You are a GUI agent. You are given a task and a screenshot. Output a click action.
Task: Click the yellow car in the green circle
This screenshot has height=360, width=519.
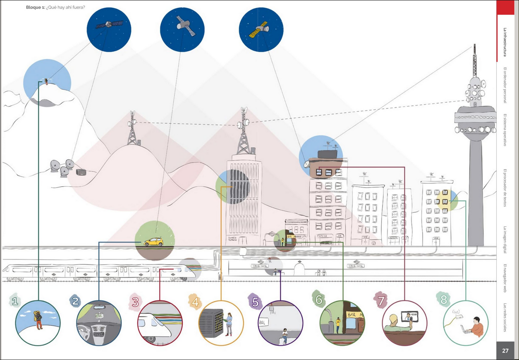pyautogui.click(x=153, y=242)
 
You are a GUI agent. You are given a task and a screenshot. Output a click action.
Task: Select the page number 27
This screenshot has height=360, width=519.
pyautogui.click(x=505, y=351)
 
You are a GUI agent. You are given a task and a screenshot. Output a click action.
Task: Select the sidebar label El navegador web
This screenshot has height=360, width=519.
pyautogui.click(x=505, y=278)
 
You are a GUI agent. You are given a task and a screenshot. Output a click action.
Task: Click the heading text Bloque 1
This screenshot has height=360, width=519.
pyautogui.click(x=35, y=7)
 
